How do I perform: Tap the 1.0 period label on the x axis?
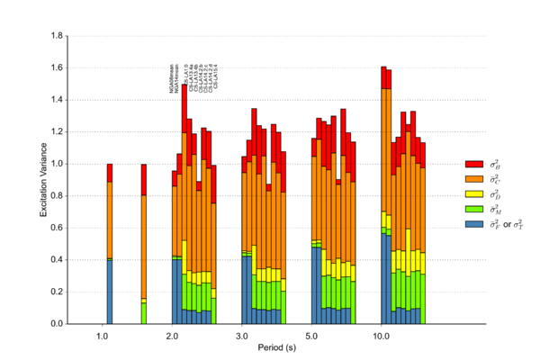(x=103, y=336)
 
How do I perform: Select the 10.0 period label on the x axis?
(x=382, y=336)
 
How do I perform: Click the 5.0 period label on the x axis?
(x=311, y=336)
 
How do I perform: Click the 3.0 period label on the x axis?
(x=242, y=336)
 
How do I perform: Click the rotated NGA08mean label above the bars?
(x=173, y=79)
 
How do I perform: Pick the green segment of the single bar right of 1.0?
(x=144, y=313)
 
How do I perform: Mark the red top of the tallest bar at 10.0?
(x=383, y=78)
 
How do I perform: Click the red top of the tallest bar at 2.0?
(x=184, y=101)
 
